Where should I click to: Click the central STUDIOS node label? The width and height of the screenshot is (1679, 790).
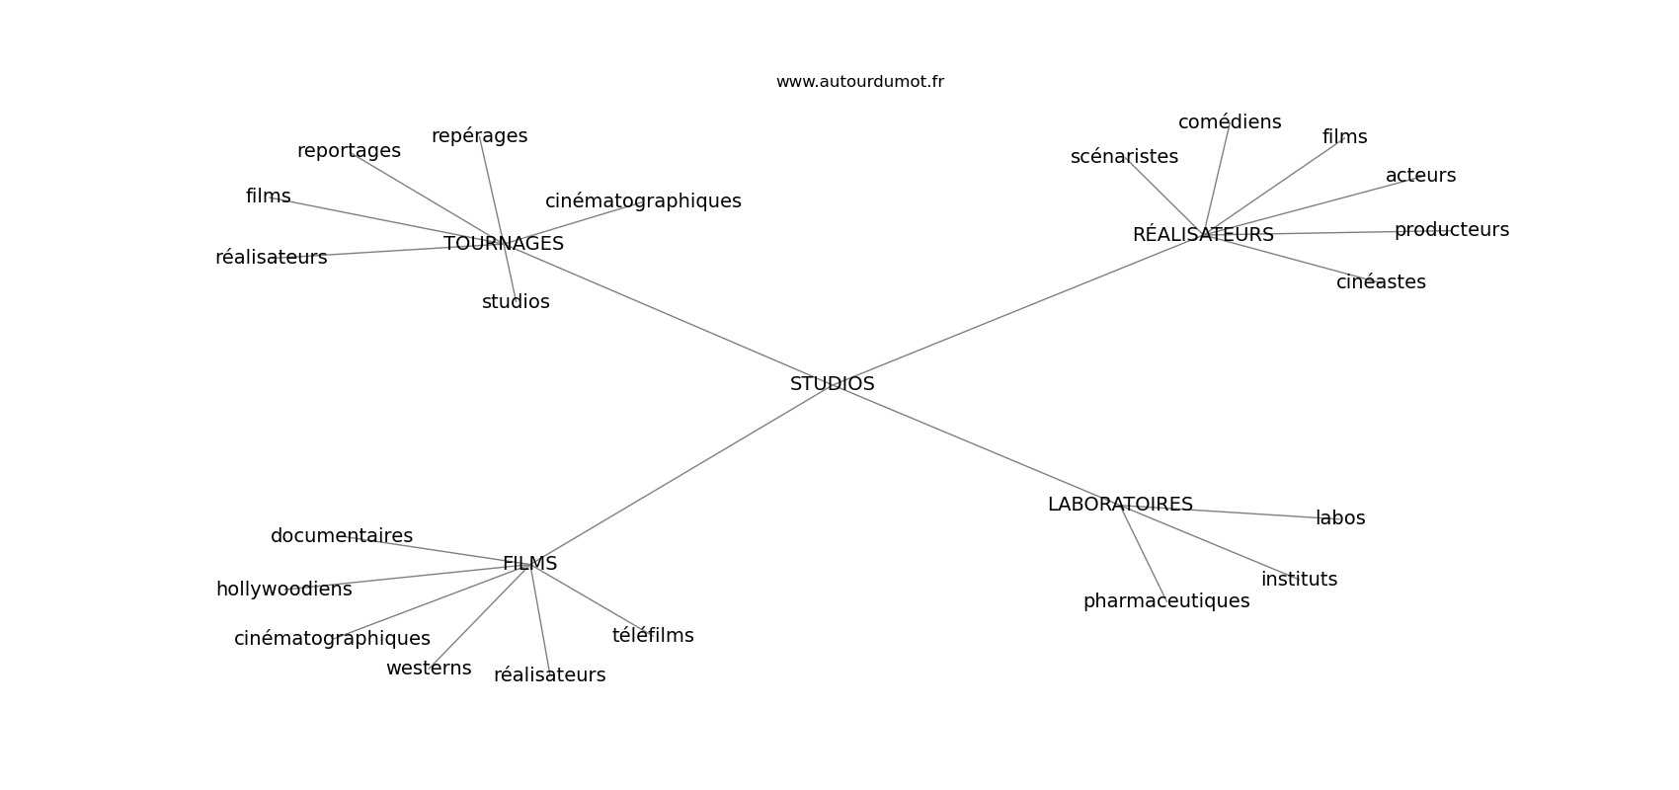[832, 384]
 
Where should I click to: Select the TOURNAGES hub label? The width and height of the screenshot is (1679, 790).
[504, 244]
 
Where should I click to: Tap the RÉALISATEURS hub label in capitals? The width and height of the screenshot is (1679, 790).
[1203, 235]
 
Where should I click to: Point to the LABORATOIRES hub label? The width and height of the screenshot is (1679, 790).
[1120, 505]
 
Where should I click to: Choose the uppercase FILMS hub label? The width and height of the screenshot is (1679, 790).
[529, 564]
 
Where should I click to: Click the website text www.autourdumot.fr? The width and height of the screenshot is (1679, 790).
[859, 82]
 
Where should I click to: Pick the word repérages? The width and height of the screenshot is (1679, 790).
[479, 136]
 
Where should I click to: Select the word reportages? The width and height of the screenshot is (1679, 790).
[349, 151]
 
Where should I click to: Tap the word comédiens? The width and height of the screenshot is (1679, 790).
[1230, 122]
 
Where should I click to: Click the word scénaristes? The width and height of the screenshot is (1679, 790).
[1124, 157]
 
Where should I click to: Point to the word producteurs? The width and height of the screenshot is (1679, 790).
[1451, 230]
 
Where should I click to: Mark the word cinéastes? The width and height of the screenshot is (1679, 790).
[1381, 282]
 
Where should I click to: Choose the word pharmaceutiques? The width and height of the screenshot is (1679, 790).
[1165, 601]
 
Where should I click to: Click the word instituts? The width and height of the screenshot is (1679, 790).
[1299, 580]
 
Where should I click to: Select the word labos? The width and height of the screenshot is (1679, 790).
[1340, 518]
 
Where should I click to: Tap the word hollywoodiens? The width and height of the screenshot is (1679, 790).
[283, 590]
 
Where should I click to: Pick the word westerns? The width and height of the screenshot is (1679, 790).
[429, 669]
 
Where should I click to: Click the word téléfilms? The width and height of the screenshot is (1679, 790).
[653, 636]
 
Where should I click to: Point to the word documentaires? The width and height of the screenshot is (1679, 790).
[341, 536]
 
